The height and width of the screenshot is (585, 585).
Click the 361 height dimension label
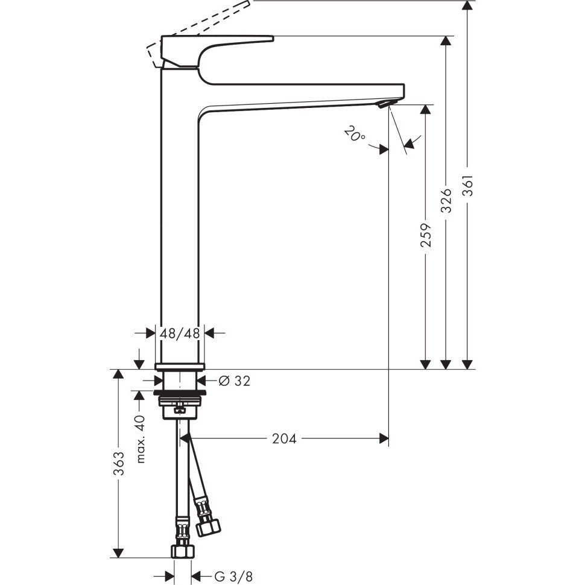(468, 185)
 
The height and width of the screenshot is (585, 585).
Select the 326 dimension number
(446, 201)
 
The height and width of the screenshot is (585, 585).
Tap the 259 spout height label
(426, 235)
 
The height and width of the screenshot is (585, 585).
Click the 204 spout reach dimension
(284, 439)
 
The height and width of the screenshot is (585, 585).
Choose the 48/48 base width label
(180, 333)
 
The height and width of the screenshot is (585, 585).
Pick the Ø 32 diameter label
(234, 381)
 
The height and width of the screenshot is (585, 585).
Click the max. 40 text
(141, 439)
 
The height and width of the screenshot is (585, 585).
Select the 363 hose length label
(119, 464)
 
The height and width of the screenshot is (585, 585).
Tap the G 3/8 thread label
(233, 577)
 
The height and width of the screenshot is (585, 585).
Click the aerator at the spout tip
(384, 104)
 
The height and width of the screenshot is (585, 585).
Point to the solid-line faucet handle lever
(217, 52)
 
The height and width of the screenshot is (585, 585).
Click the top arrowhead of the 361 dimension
(467, 5)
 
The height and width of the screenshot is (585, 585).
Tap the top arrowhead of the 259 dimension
(425, 109)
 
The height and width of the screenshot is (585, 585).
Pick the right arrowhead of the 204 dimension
(384, 438)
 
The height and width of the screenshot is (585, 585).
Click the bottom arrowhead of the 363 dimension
(118, 553)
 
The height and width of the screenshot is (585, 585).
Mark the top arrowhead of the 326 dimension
(446, 41)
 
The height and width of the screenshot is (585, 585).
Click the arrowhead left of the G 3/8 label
(169, 577)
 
